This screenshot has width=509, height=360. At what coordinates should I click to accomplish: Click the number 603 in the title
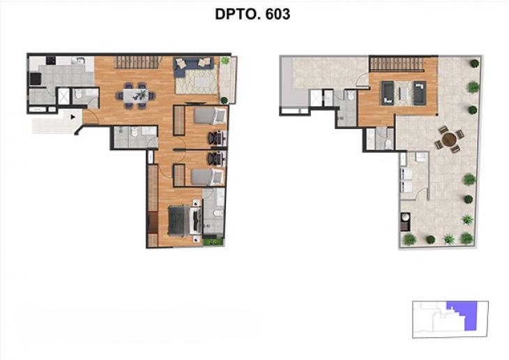tap(275, 14)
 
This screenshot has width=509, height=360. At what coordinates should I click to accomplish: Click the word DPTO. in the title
tap(236, 14)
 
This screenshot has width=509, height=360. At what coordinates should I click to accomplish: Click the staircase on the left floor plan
tap(137, 62)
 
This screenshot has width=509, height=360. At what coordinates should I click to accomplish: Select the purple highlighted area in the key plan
tap(462, 313)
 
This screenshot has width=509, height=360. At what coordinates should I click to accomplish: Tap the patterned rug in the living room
tap(196, 82)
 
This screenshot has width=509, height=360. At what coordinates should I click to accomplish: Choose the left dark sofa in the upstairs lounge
tap(387, 93)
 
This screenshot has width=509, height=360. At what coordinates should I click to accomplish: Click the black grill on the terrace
tap(404, 225)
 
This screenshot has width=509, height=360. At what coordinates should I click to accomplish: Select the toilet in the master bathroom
tap(217, 213)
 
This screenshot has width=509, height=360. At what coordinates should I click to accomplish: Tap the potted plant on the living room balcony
tap(225, 61)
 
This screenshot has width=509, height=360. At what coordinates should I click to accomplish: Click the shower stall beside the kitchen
tap(63, 96)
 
